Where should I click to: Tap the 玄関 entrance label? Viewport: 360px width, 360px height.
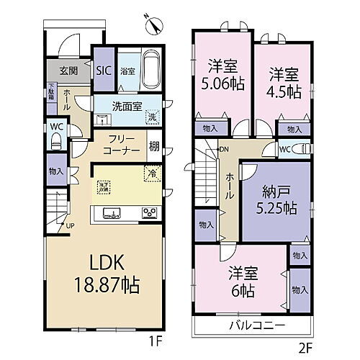coord(68,71)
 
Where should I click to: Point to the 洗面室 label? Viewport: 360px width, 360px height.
coord(125,106)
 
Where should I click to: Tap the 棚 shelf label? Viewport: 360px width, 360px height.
coord(154,146)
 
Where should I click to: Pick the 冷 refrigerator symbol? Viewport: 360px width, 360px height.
coord(151,173)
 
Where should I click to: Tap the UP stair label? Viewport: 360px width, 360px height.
coord(69,225)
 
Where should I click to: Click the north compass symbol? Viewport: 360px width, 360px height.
coord(153,24)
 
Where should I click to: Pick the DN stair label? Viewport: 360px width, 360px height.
coord(224,149)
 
